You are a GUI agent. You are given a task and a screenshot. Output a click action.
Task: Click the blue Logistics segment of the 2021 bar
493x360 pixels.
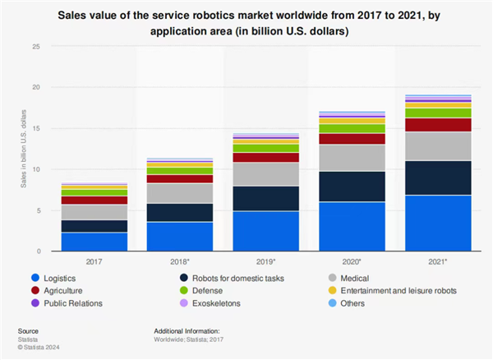click(439, 223)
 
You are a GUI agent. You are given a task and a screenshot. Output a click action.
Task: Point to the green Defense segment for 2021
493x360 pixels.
click(439, 113)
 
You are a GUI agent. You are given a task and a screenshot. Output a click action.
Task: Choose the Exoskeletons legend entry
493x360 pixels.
click(222, 304)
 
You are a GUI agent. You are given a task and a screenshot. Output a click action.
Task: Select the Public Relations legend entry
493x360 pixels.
click(71, 304)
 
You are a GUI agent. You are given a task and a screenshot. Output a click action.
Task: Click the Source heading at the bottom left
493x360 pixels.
click(27, 330)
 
